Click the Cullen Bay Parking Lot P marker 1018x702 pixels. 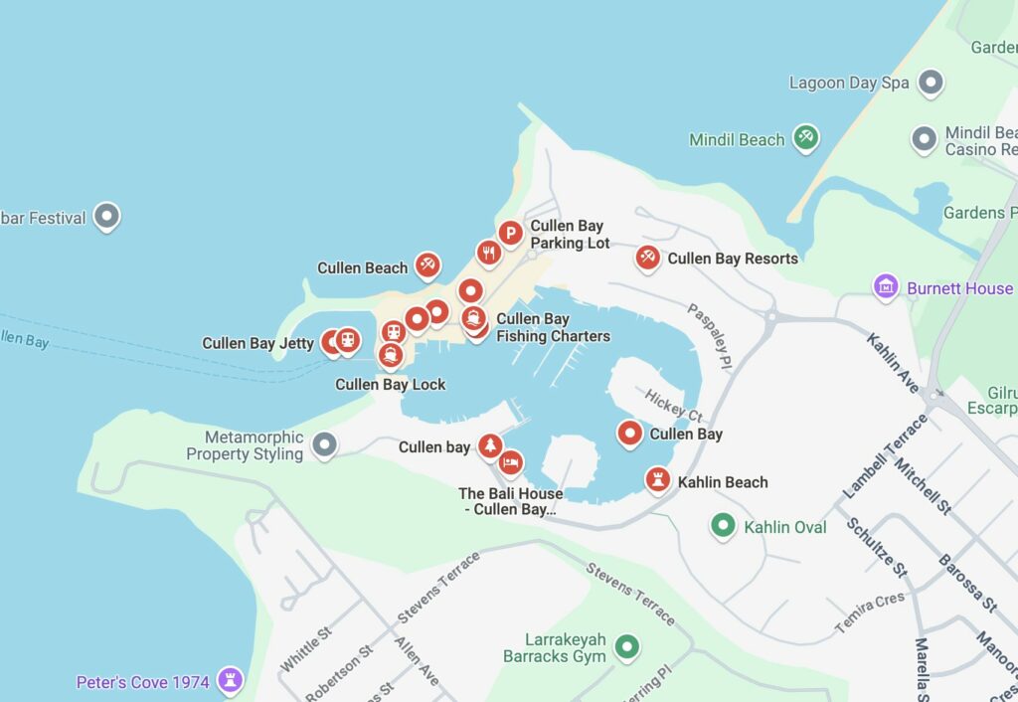tap(510, 233)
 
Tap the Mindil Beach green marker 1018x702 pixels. tap(806, 137)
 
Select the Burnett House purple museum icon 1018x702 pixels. tap(886, 286)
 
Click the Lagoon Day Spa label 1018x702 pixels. tap(849, 83)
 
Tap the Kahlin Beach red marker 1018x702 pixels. tap(657, 479)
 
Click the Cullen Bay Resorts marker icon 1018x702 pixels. tap(647, 257)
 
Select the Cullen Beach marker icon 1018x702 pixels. tap(427, 263)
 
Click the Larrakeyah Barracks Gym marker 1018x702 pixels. tap(625, 647)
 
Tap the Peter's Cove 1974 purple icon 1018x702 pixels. tap(231, 680)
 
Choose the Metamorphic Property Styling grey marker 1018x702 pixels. tap(324, 444)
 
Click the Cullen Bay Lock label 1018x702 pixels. tap(391, 385)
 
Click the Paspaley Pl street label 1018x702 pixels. tap(710, 334)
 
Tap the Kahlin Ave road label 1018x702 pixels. tap(893, 363)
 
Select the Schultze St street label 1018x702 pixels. tap(877, 547)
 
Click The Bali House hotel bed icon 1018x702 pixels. tap(511, 462)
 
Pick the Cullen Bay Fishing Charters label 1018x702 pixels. tap(553, 327)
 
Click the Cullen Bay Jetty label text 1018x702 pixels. tap(257, 343)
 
